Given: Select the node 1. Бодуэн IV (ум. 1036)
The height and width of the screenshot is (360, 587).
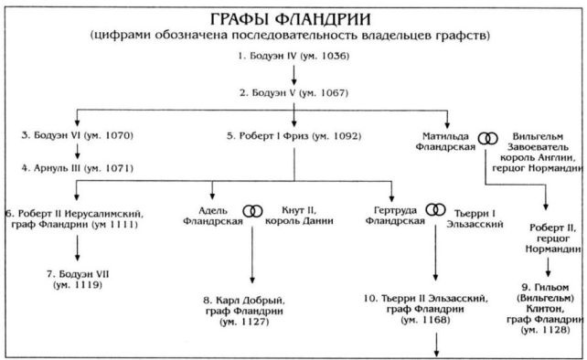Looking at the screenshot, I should pyautogui.click(x=292, y=58).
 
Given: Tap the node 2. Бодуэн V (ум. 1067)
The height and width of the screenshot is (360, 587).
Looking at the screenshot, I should pyautogui.click(x=292, y=92).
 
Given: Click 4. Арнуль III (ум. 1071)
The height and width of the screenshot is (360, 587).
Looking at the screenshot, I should pyautogui.click(x=78, y=168).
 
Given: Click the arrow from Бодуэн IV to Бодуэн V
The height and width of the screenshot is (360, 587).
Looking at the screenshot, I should pyautogui.click(x=292, y=75).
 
